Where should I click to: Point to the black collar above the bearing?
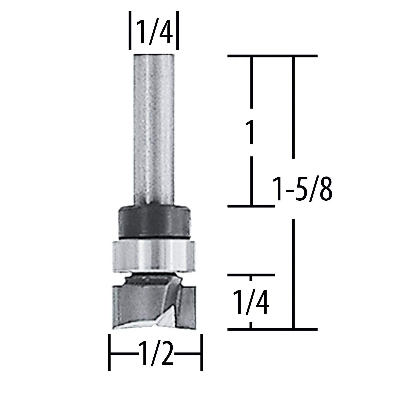tap(154, 221)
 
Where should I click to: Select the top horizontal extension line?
tap(272, 56)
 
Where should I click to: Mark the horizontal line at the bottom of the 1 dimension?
tap(251, 206)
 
